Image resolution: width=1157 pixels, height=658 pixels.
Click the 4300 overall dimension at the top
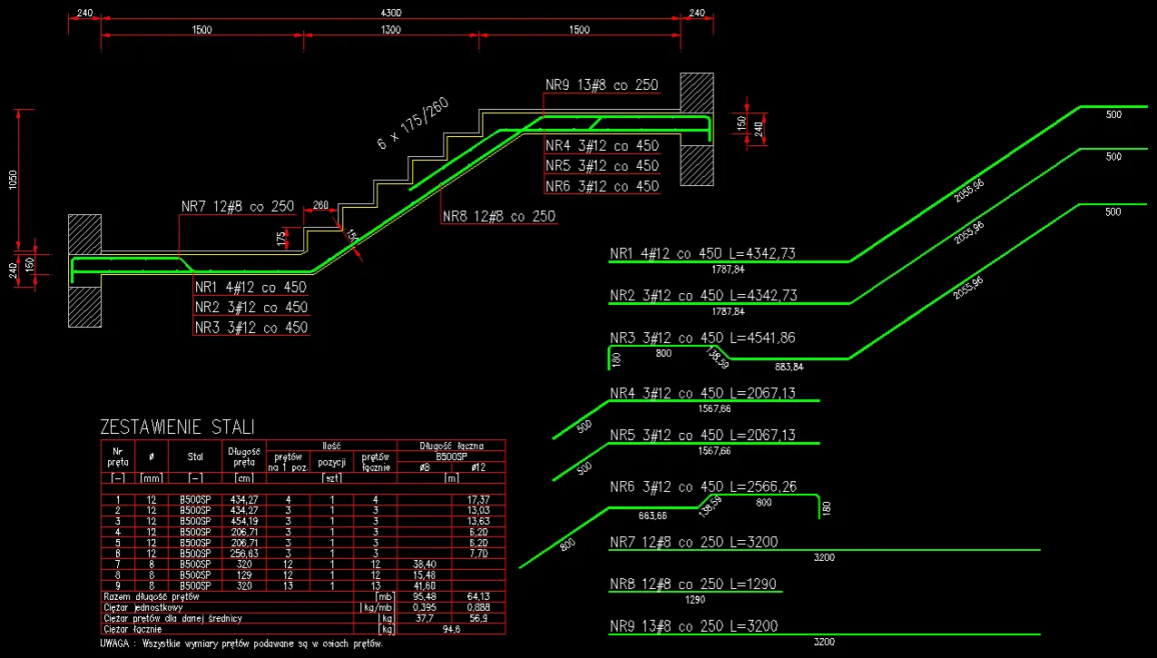(392, 13)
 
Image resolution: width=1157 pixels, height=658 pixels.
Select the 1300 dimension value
(390, 30)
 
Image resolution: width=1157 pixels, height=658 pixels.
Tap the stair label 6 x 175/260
(413, 123)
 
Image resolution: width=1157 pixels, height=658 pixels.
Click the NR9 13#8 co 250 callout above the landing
(602, 84)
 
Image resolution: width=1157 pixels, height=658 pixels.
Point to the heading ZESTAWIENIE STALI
(177, 427)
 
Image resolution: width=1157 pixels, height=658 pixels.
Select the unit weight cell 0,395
(426, 607)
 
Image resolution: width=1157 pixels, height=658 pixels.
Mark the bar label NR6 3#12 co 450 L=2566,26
(703, 486)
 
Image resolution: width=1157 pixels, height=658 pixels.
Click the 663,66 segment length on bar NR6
(652, 516)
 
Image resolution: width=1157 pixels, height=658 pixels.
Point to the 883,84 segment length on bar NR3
(789, 367)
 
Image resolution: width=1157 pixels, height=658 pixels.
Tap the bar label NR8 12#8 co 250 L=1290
(693, 584)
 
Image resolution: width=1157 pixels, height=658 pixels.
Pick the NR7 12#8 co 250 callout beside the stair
(237, 206)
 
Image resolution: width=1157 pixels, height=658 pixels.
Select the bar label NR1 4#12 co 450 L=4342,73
(703, 253)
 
